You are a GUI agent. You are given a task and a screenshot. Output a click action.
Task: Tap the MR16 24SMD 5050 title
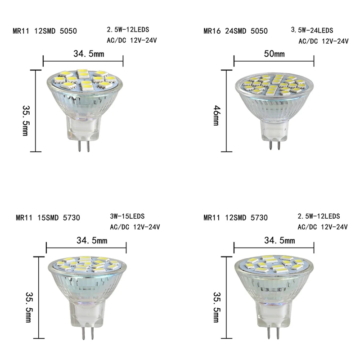click(x=236, y=31)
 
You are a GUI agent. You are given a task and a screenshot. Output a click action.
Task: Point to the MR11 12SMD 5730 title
click(x=236, y=218)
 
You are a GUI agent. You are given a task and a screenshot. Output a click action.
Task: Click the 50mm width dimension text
click(x=274, y=54)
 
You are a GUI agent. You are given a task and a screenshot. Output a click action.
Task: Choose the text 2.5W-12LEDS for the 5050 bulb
click(x=128, y=30)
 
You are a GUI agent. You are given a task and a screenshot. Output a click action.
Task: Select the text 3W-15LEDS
click(x=127, y=216)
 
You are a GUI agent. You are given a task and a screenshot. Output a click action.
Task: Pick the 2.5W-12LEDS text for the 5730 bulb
click(x=319, y=216)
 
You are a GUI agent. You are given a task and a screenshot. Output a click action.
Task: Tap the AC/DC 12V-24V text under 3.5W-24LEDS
click(x=324, y=41)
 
